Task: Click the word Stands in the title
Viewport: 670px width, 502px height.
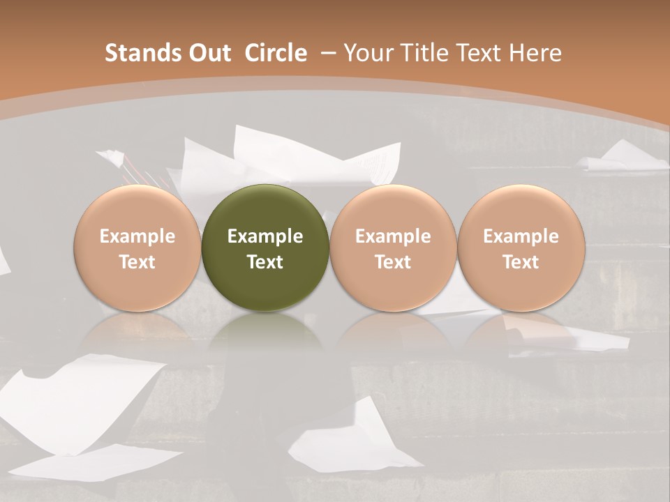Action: click(x=136, y=53)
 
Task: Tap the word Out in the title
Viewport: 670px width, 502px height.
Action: click(x=207, y=53)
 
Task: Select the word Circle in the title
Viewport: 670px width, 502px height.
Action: click(x=276, y=53)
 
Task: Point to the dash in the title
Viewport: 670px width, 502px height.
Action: click(x=327, y=53)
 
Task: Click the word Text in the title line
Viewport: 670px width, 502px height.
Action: click(x=479, y=53)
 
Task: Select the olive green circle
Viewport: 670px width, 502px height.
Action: click(x=265, y=248)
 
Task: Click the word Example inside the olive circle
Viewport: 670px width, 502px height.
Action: click(x=265, y=236)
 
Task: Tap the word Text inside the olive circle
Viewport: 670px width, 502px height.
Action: click(x=265, y=262)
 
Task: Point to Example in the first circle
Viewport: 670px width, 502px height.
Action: click(x=137, y=236)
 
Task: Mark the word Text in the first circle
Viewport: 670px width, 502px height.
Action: click(x=137, y=262)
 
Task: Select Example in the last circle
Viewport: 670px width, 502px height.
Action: click(x=521, y=236)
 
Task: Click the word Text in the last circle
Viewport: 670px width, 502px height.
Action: click(x=521, y=262)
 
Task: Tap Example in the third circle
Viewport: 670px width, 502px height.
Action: click(x=393, y=236)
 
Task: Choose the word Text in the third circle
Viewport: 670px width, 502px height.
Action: click(x=393, y=262)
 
